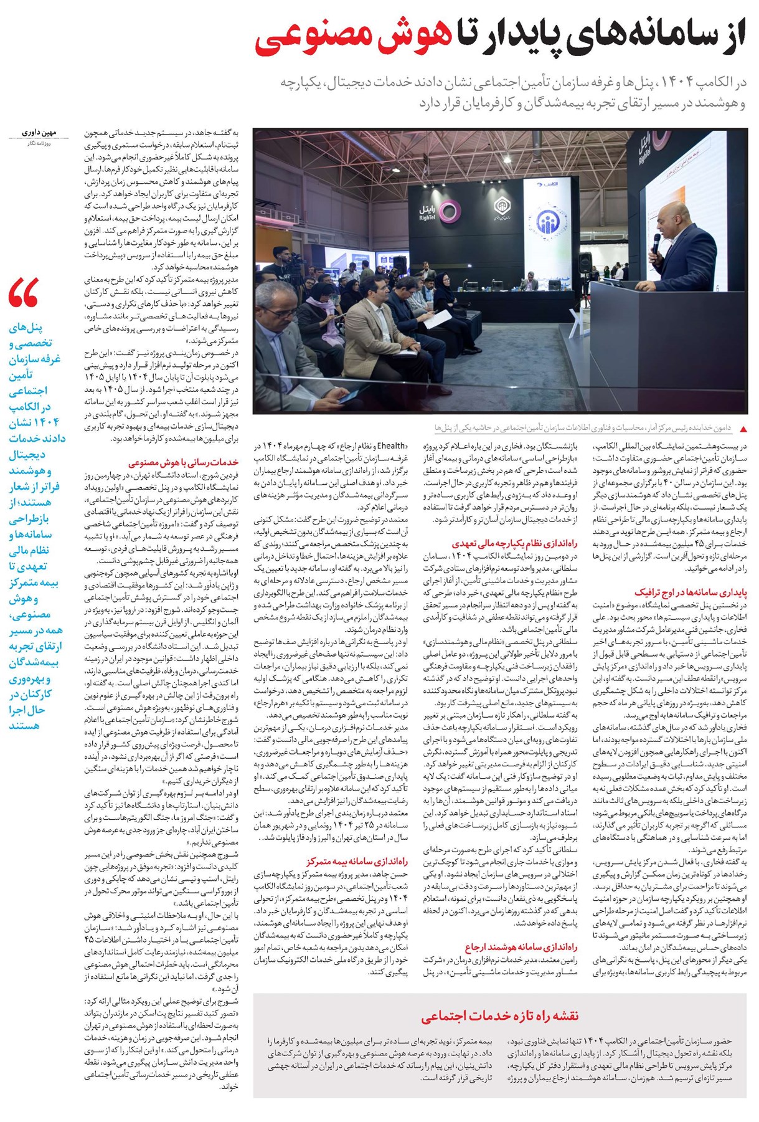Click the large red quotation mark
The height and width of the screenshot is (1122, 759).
[x=24, y=293]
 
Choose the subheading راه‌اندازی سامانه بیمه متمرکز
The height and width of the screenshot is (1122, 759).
[x=357, y=862]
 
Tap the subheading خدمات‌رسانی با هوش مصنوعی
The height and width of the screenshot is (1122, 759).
[x=184, y=462]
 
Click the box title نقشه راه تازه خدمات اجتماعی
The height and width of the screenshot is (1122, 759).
[x=499, y=1016]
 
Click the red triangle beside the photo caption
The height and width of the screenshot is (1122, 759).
[x=742, y=429]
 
